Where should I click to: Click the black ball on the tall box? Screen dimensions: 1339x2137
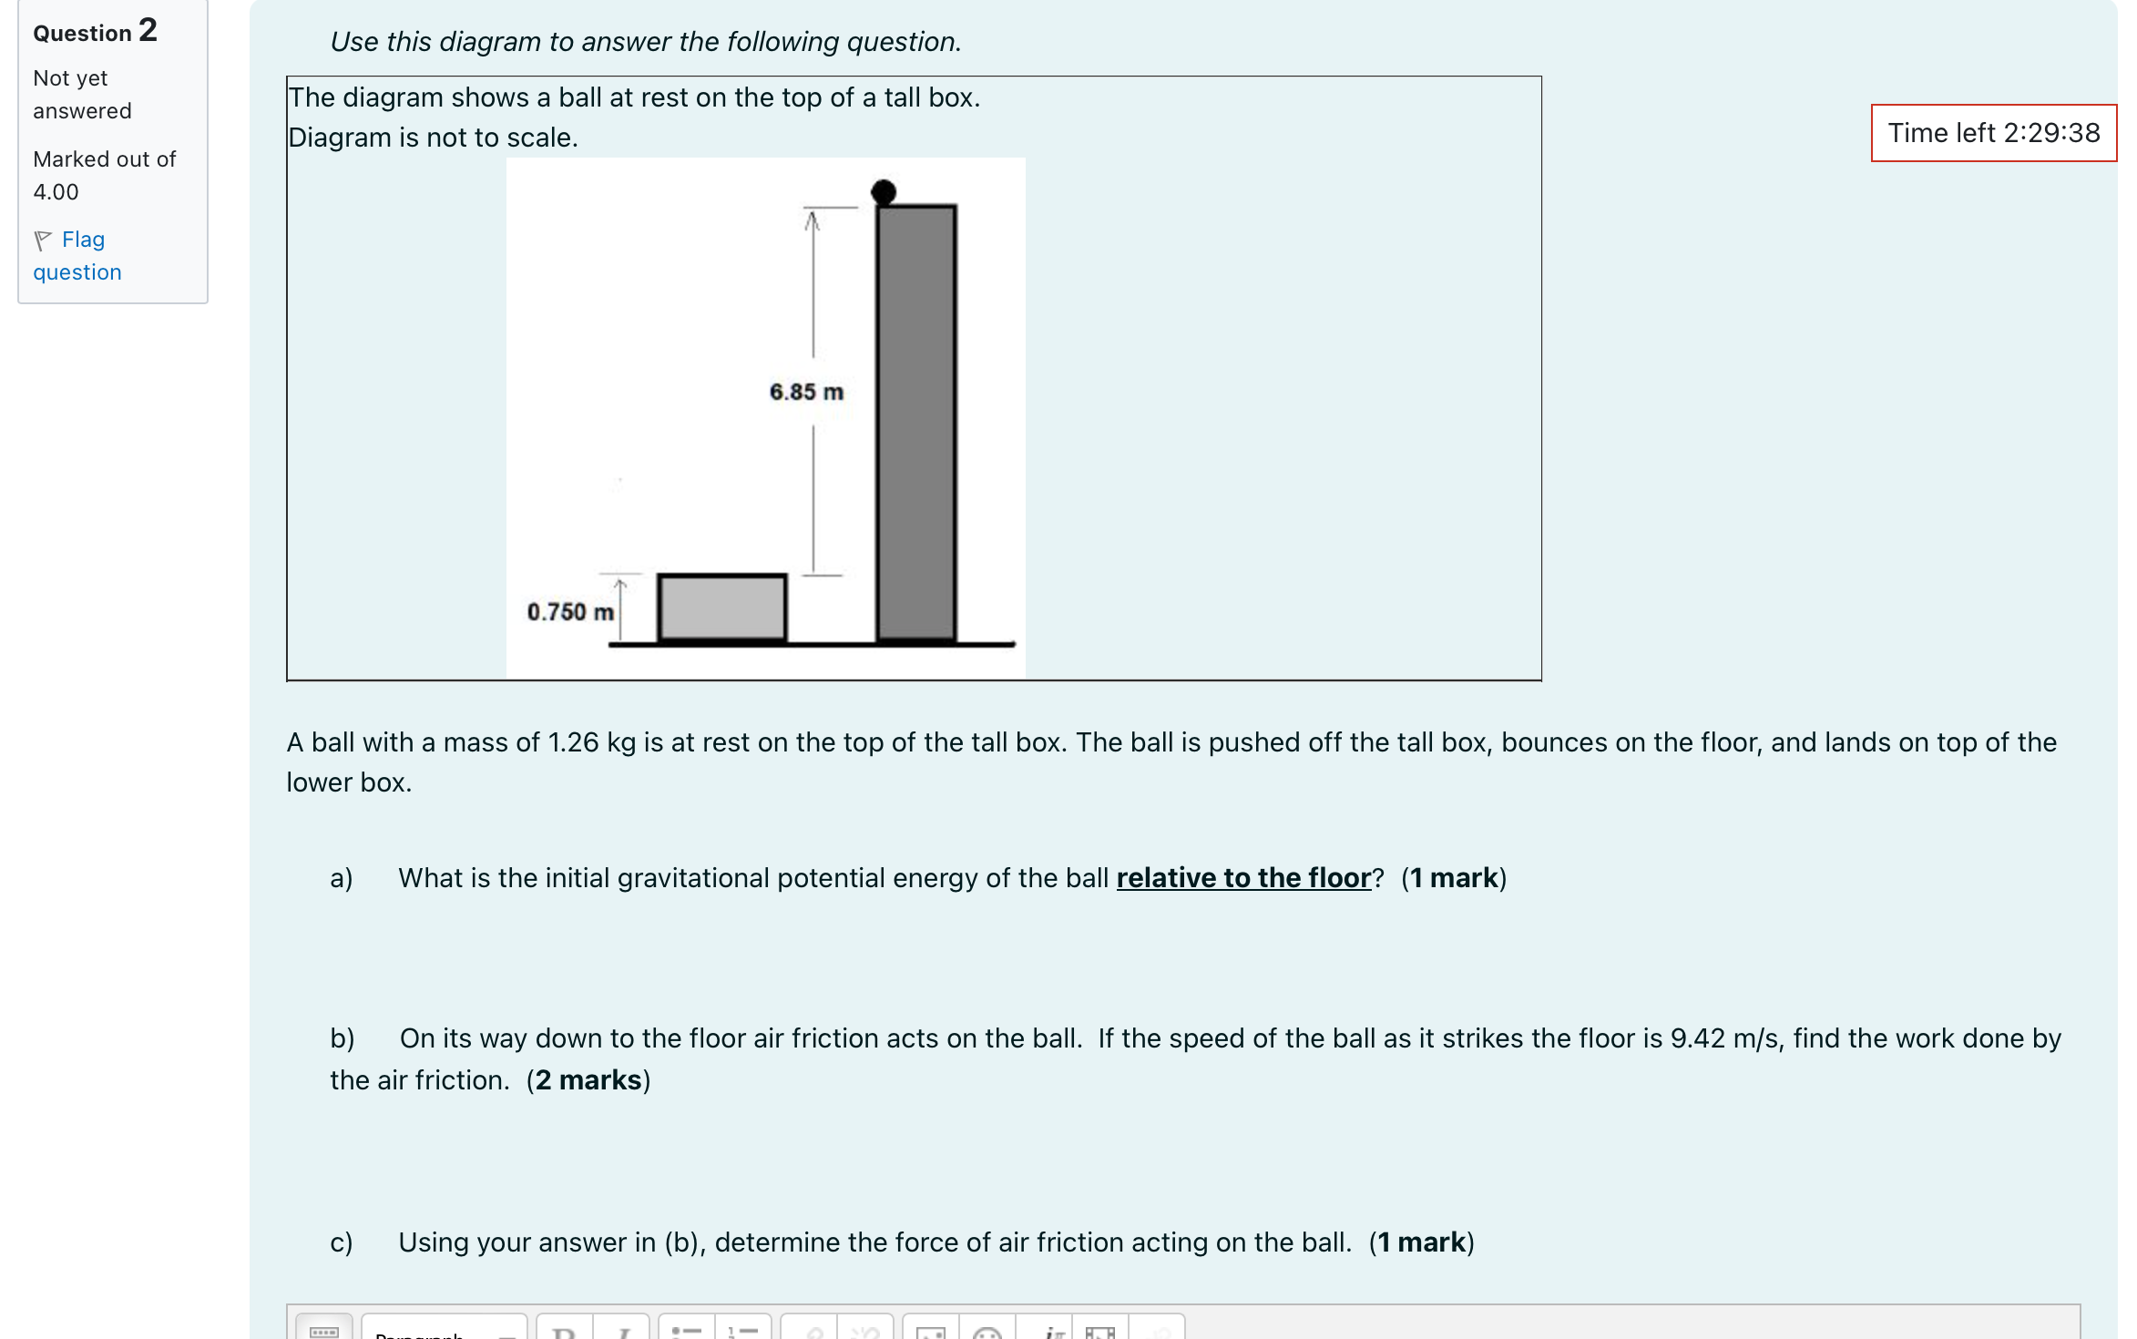(883, 191)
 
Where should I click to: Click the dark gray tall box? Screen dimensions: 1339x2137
(915, 424)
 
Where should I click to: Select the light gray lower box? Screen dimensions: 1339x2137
(722, 608)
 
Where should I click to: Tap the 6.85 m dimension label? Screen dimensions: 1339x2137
(806, 392)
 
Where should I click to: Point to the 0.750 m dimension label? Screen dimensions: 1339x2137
(570, 611)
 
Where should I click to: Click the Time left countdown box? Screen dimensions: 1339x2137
(1993, 133)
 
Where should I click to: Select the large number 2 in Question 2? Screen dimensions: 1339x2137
(148, 30)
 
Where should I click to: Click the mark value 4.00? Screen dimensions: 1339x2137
(56, 192)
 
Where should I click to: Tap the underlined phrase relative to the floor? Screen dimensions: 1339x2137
(1243, 877)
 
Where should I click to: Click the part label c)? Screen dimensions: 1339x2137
(341, 1242)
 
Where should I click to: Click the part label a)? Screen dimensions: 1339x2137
(341, 878)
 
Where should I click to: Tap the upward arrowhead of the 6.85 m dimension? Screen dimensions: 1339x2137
(812, 220)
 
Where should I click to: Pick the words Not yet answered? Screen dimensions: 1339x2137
(82, 95)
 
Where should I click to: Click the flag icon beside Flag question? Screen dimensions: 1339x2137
(43, 240)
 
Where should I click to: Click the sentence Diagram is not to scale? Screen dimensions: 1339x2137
(433, 138)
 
